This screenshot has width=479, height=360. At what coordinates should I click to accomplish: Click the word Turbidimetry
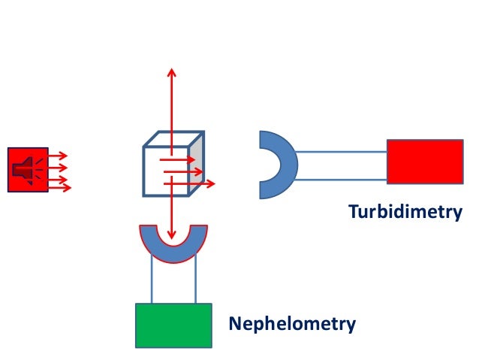point(405,213)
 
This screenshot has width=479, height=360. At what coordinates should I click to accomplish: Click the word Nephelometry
point(292,325)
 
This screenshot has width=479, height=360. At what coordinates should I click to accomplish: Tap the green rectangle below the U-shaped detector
point(173,325)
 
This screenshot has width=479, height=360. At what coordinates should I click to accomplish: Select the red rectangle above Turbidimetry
point(424,162)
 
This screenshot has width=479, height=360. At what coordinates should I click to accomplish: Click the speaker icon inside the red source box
point(24,169)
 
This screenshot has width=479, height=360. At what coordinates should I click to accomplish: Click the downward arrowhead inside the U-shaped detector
point(172,234)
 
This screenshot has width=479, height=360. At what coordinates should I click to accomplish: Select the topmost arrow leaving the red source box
point(58,157)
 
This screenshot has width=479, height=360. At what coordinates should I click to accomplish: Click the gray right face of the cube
point(197,167)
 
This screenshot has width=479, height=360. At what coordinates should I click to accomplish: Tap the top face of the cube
point(175,139)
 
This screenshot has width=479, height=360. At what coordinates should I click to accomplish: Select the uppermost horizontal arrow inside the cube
point(179,160)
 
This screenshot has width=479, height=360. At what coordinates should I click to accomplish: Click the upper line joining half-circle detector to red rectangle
point(342,153)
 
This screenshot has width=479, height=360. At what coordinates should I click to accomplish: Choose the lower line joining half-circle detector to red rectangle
point(342,180)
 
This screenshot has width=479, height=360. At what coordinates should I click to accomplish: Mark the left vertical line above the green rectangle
point(152,280)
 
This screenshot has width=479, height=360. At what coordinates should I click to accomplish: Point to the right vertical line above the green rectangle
point(196,280)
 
